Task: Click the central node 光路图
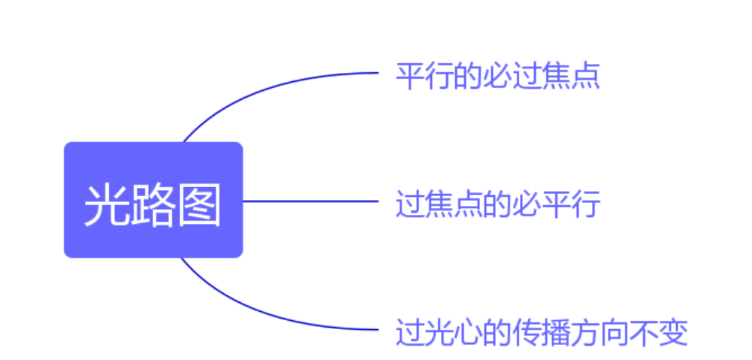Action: coord(153,200)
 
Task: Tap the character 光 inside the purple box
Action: coord(107,205)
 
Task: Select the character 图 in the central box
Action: coord(199,205)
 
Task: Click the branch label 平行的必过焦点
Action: coord(498,76)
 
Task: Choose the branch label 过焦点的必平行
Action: coord(498,204)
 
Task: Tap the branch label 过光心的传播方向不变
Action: coord(542,332)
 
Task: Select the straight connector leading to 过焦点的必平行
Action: coord(311,201)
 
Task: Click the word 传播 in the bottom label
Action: coord(542,332)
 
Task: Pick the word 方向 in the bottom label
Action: coord(600,332)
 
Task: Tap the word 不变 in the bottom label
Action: coord(659,332)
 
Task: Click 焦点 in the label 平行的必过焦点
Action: coord(571,76)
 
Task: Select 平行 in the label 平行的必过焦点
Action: coord(424,76)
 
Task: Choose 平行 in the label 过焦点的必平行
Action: coord(571,204)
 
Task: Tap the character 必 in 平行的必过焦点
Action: coord(498,76)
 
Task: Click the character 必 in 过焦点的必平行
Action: coord(527,204)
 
